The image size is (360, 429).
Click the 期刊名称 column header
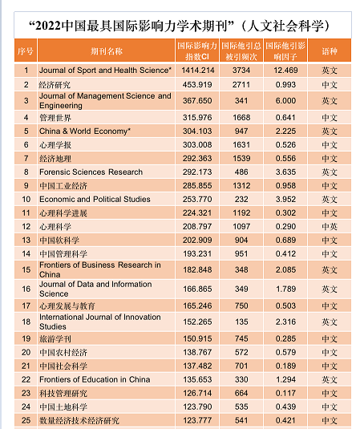click(x=107, y=51)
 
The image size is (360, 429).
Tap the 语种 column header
click(x=330, y=51)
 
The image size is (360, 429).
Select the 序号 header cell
click(x=26, y=51)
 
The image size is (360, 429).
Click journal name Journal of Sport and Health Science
click(x=105, y=71)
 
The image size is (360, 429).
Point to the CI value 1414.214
click(x=197, y=71)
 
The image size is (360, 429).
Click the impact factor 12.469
click(x=285, y=71)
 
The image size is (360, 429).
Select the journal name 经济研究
click(x=55, y=85)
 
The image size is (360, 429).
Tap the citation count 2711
click(x=241, y=84)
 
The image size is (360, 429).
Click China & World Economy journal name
click(x=85, y=131)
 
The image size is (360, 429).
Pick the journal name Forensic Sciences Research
click(x=91, y=172)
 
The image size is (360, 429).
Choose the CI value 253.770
click(x=197, y=199)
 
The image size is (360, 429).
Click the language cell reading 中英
click(x=330, y=227)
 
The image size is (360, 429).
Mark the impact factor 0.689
click(x=285, y=240)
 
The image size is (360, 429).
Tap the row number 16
click(x=26, y=289)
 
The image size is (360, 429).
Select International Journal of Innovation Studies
click(x=100, y=322)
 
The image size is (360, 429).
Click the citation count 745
click(x=241, y=338)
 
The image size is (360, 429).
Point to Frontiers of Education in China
click(x=95, y=379)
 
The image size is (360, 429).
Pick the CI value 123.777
click(x=197, y=420)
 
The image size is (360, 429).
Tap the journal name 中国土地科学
click(x=63, y=407)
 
